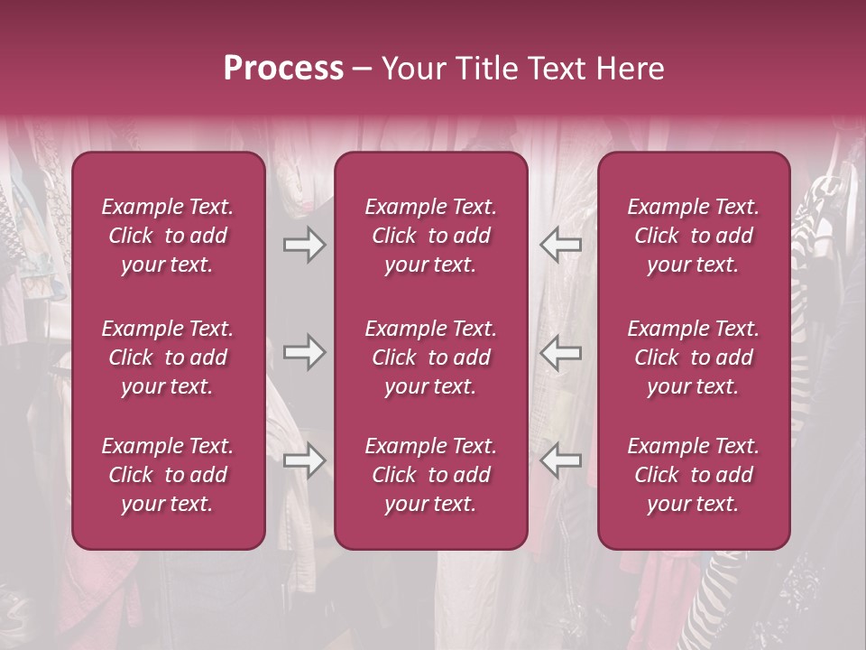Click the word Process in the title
pyautogui.click(x=283, y=69)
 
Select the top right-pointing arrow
pyautogui.click(x=305, y=245)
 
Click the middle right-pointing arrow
pyautogui.click(x=305, y=352)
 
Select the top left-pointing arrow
pyautogui.click(x=560, y=245)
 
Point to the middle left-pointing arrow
pyautogui.click(x=560, y=352)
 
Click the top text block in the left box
pyautogui.click(x=168, y=236)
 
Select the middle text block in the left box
pyautogui.click(x=168, y=357)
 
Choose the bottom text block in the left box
pyautogui.click(x=168, y=475)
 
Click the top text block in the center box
pyautogui.click(x=431, y=236)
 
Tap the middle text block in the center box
pyautogui.click(x=431, y=357)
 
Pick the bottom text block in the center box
pyautogui.click(x=431, y=475)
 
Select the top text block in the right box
pyautogui.click(x=694, y=236)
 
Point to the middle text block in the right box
pyautogui.click(x=694, y=357)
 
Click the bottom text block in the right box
pyautogui.click(x=694, y=475)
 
